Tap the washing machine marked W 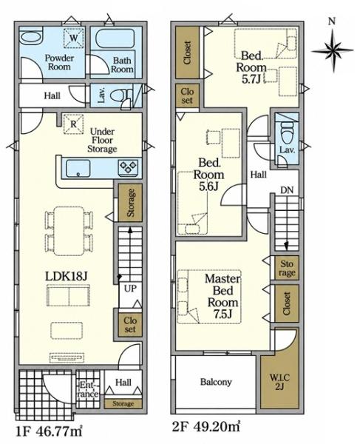click(73, 38)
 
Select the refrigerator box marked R click(73, 124)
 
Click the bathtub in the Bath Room click(115, 38)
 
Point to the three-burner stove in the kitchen click(129, 167)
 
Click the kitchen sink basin click(78, 169)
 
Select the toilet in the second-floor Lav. click(287, 131)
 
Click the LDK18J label click(66, 276)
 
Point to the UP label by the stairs click(130, 289)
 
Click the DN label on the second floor click(287, 190)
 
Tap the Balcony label click(216, 382)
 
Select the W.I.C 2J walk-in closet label click(279, 382)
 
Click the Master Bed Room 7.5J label click(223, 296)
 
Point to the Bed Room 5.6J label click(208, 175)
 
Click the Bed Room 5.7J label click(251, 67)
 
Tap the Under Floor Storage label click(102, 140)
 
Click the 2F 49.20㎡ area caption click(206, 427)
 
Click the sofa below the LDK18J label click(68, 295)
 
